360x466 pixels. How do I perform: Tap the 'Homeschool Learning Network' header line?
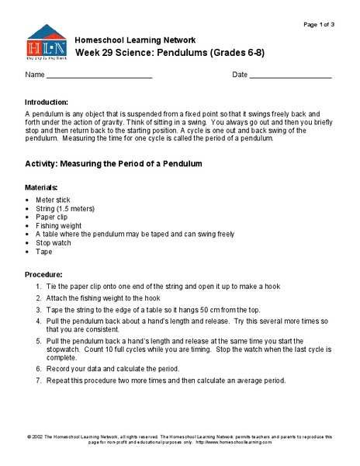(x=134, y=40)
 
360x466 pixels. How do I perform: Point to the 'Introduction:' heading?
(x=47, y=103)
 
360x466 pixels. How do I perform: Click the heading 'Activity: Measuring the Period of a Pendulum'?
(x=113, y=165)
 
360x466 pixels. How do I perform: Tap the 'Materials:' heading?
(x=41, y=188)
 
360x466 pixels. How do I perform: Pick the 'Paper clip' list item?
(x=51, y=217)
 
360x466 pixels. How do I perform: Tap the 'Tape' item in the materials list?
(x=43, y=252)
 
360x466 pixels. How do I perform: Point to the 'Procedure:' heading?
(x=43, y=275)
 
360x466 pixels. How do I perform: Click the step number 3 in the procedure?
(x=39, y=309)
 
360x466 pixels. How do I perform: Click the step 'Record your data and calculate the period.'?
(x=112, y=368)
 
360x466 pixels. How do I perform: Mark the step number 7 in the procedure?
(x=39, y=381)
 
